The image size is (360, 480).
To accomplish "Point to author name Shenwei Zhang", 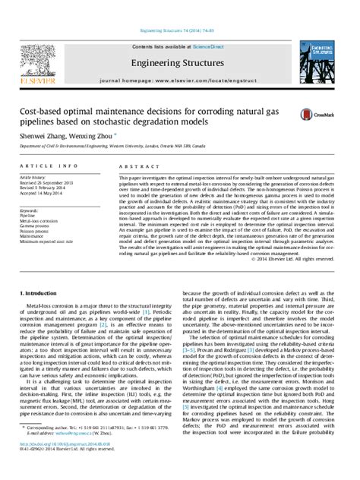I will [x=49, y=134].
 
